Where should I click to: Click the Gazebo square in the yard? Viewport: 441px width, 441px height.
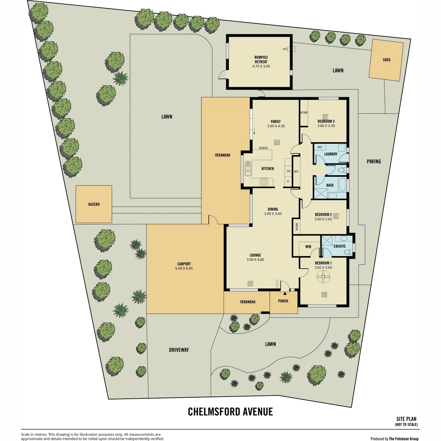coord(94,204)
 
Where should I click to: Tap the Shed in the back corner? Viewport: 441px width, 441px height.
coord(386,60)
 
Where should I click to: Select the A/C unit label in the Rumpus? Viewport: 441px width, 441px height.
coord(285,49)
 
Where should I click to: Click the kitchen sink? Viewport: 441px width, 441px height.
coord(248,168)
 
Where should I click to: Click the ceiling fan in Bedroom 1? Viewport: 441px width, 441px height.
coord(323,277)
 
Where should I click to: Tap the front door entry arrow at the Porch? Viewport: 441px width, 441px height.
coord(285,293)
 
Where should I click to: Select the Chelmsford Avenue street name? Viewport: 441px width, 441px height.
coord(230,412)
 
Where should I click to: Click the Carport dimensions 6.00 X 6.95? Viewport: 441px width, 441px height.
coord(184,268)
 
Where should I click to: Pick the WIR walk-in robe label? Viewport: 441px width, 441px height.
coord(308,247)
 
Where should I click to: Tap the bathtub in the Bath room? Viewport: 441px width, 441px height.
coord(343,184)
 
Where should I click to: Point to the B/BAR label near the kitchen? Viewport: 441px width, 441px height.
coord(263,148)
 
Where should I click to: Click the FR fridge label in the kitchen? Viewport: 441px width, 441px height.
coord(288,171)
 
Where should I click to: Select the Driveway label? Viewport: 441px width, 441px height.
coord(179,350)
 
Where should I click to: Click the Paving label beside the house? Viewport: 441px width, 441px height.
coord(374,161)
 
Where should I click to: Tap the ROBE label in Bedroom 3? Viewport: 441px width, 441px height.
coord(304,112)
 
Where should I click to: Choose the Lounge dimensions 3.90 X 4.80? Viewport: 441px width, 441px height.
coord(255,259)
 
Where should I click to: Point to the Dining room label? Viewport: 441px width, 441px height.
coord(273,209)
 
